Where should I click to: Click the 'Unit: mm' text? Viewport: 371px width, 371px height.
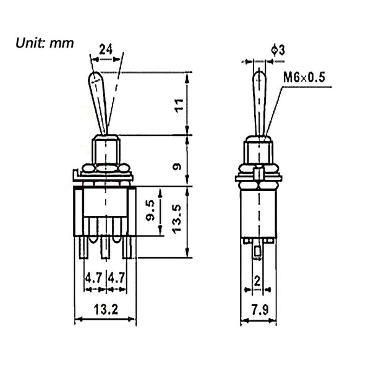click(44, 43)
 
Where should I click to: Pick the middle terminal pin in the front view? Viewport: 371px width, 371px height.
click(106, 247)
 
